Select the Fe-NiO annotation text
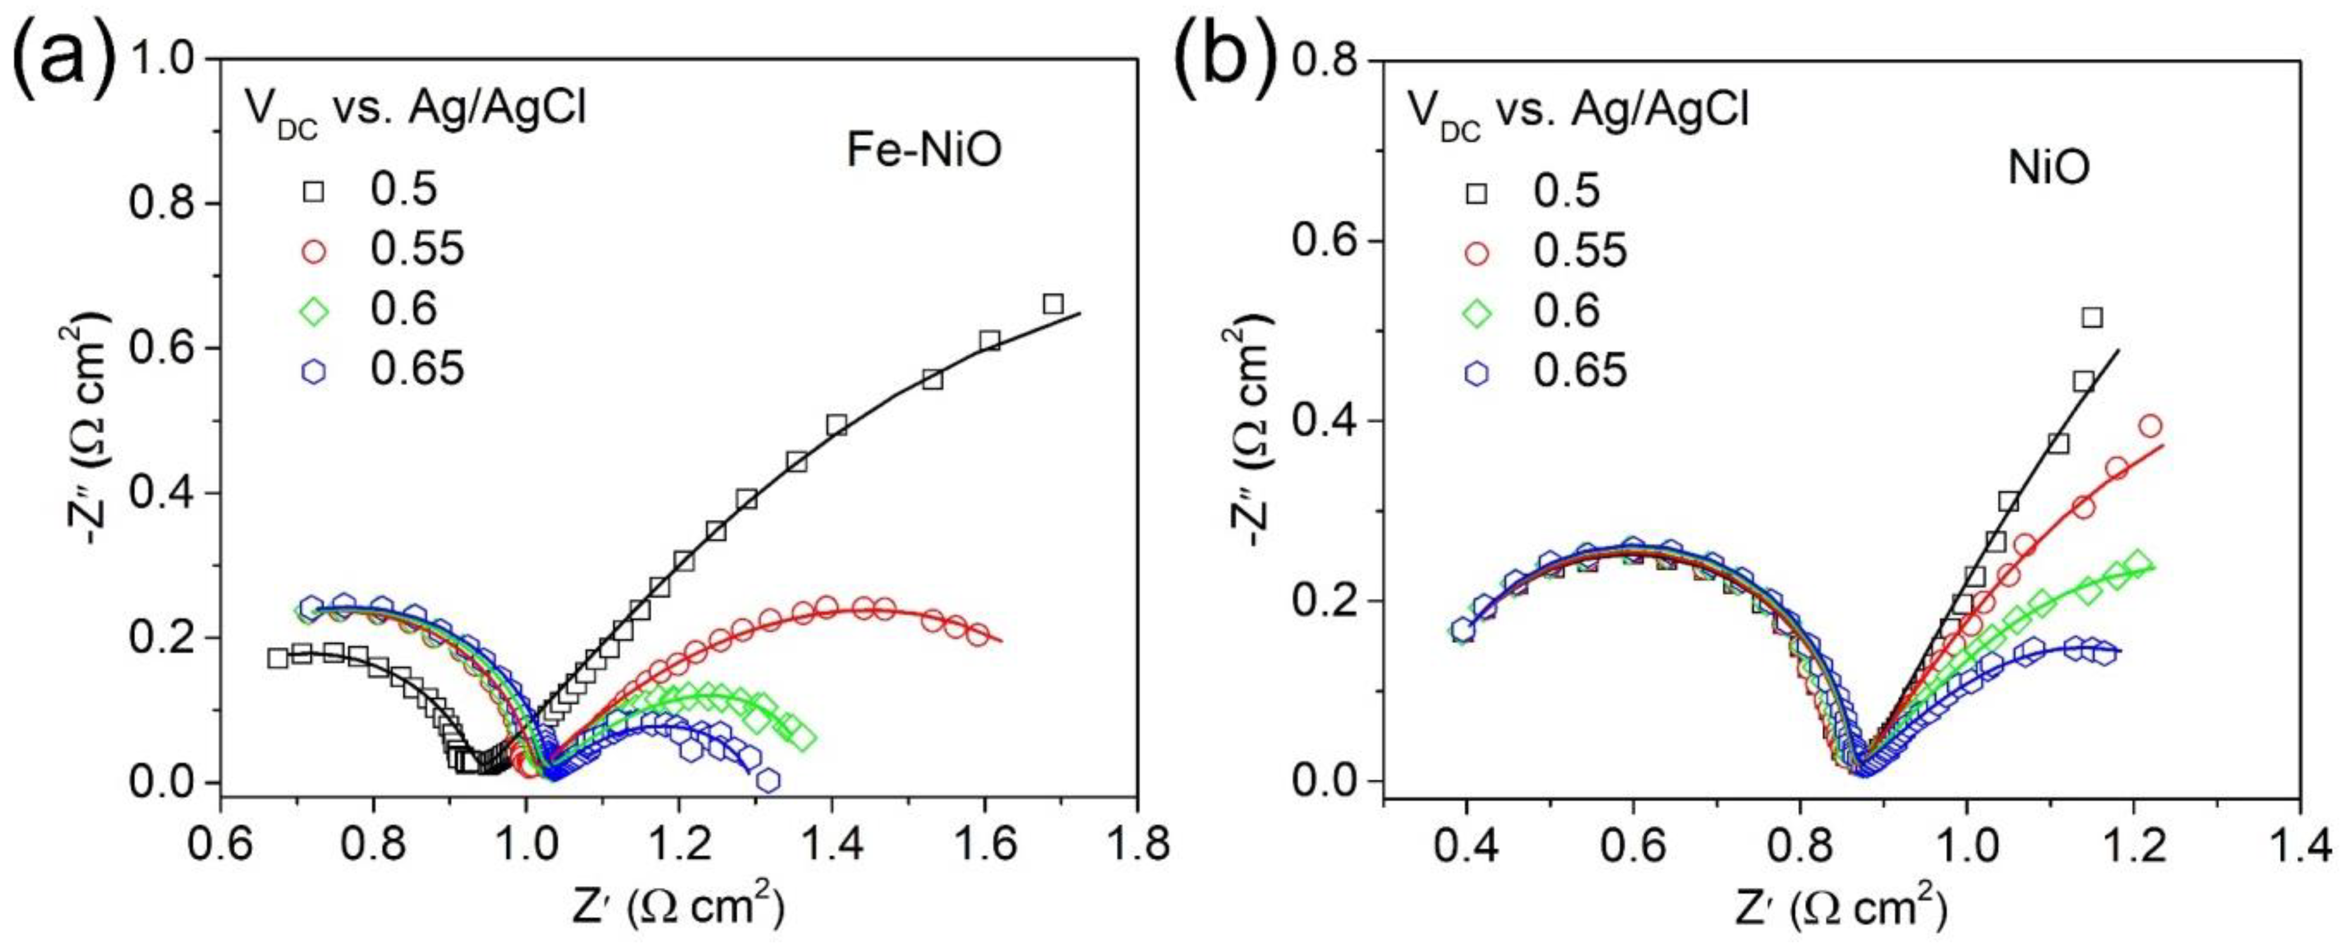coord(923,150)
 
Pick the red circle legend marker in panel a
coord(314,251)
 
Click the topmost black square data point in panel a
coord(1053,304)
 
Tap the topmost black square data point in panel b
coord(2092,318)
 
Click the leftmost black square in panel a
coord(277,658)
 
